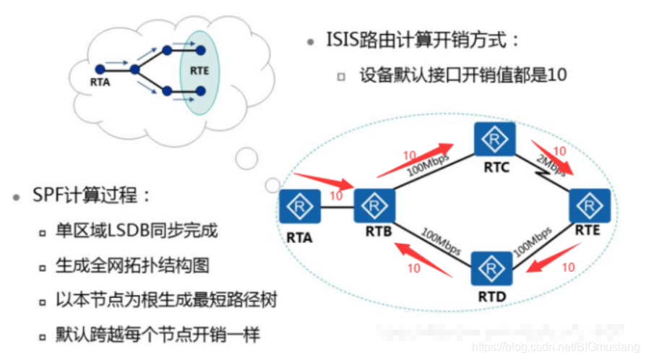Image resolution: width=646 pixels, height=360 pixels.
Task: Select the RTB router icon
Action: click(x=374, y=207)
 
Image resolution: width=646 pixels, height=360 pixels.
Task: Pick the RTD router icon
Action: click(x=493, y=269)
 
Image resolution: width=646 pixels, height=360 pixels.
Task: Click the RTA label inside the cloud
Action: click(x=100, y=82)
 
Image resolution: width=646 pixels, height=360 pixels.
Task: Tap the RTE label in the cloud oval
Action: click(x=199, y=71)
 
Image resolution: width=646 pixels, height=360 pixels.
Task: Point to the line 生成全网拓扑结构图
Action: click(x=133, y=265)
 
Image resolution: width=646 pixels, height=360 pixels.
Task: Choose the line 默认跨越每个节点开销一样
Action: click(x=158, y=335)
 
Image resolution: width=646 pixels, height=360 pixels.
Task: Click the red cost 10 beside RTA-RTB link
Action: click(x=335, y=196)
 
